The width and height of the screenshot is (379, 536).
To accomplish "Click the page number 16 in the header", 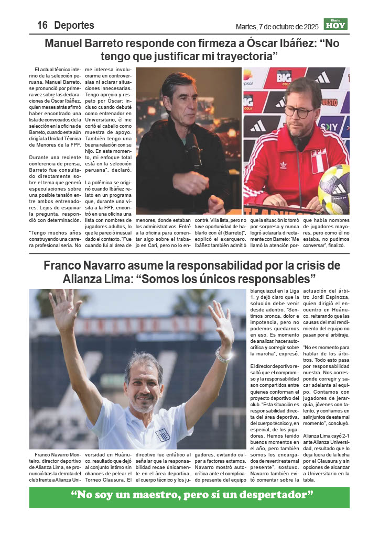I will tap(42, 25).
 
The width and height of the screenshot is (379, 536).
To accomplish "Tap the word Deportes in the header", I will tap(74, 25).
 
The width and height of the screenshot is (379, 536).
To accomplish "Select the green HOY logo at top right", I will tap(335, 24).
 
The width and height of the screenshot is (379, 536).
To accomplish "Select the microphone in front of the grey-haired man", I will tap(193, 148).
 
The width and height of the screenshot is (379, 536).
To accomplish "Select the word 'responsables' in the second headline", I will tap(281, 277).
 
